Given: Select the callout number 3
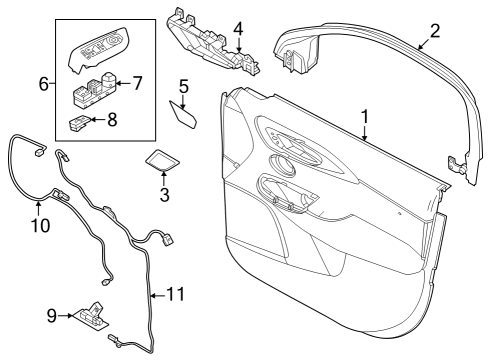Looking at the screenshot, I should (x=164, y=194).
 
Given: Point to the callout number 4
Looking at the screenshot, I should (x=238, y=29).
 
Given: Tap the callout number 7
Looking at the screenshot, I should (x=138, y=80).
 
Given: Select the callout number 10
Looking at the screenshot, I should (x=39, y=225).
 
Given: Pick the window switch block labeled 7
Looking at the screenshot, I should (x=94, y=92).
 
